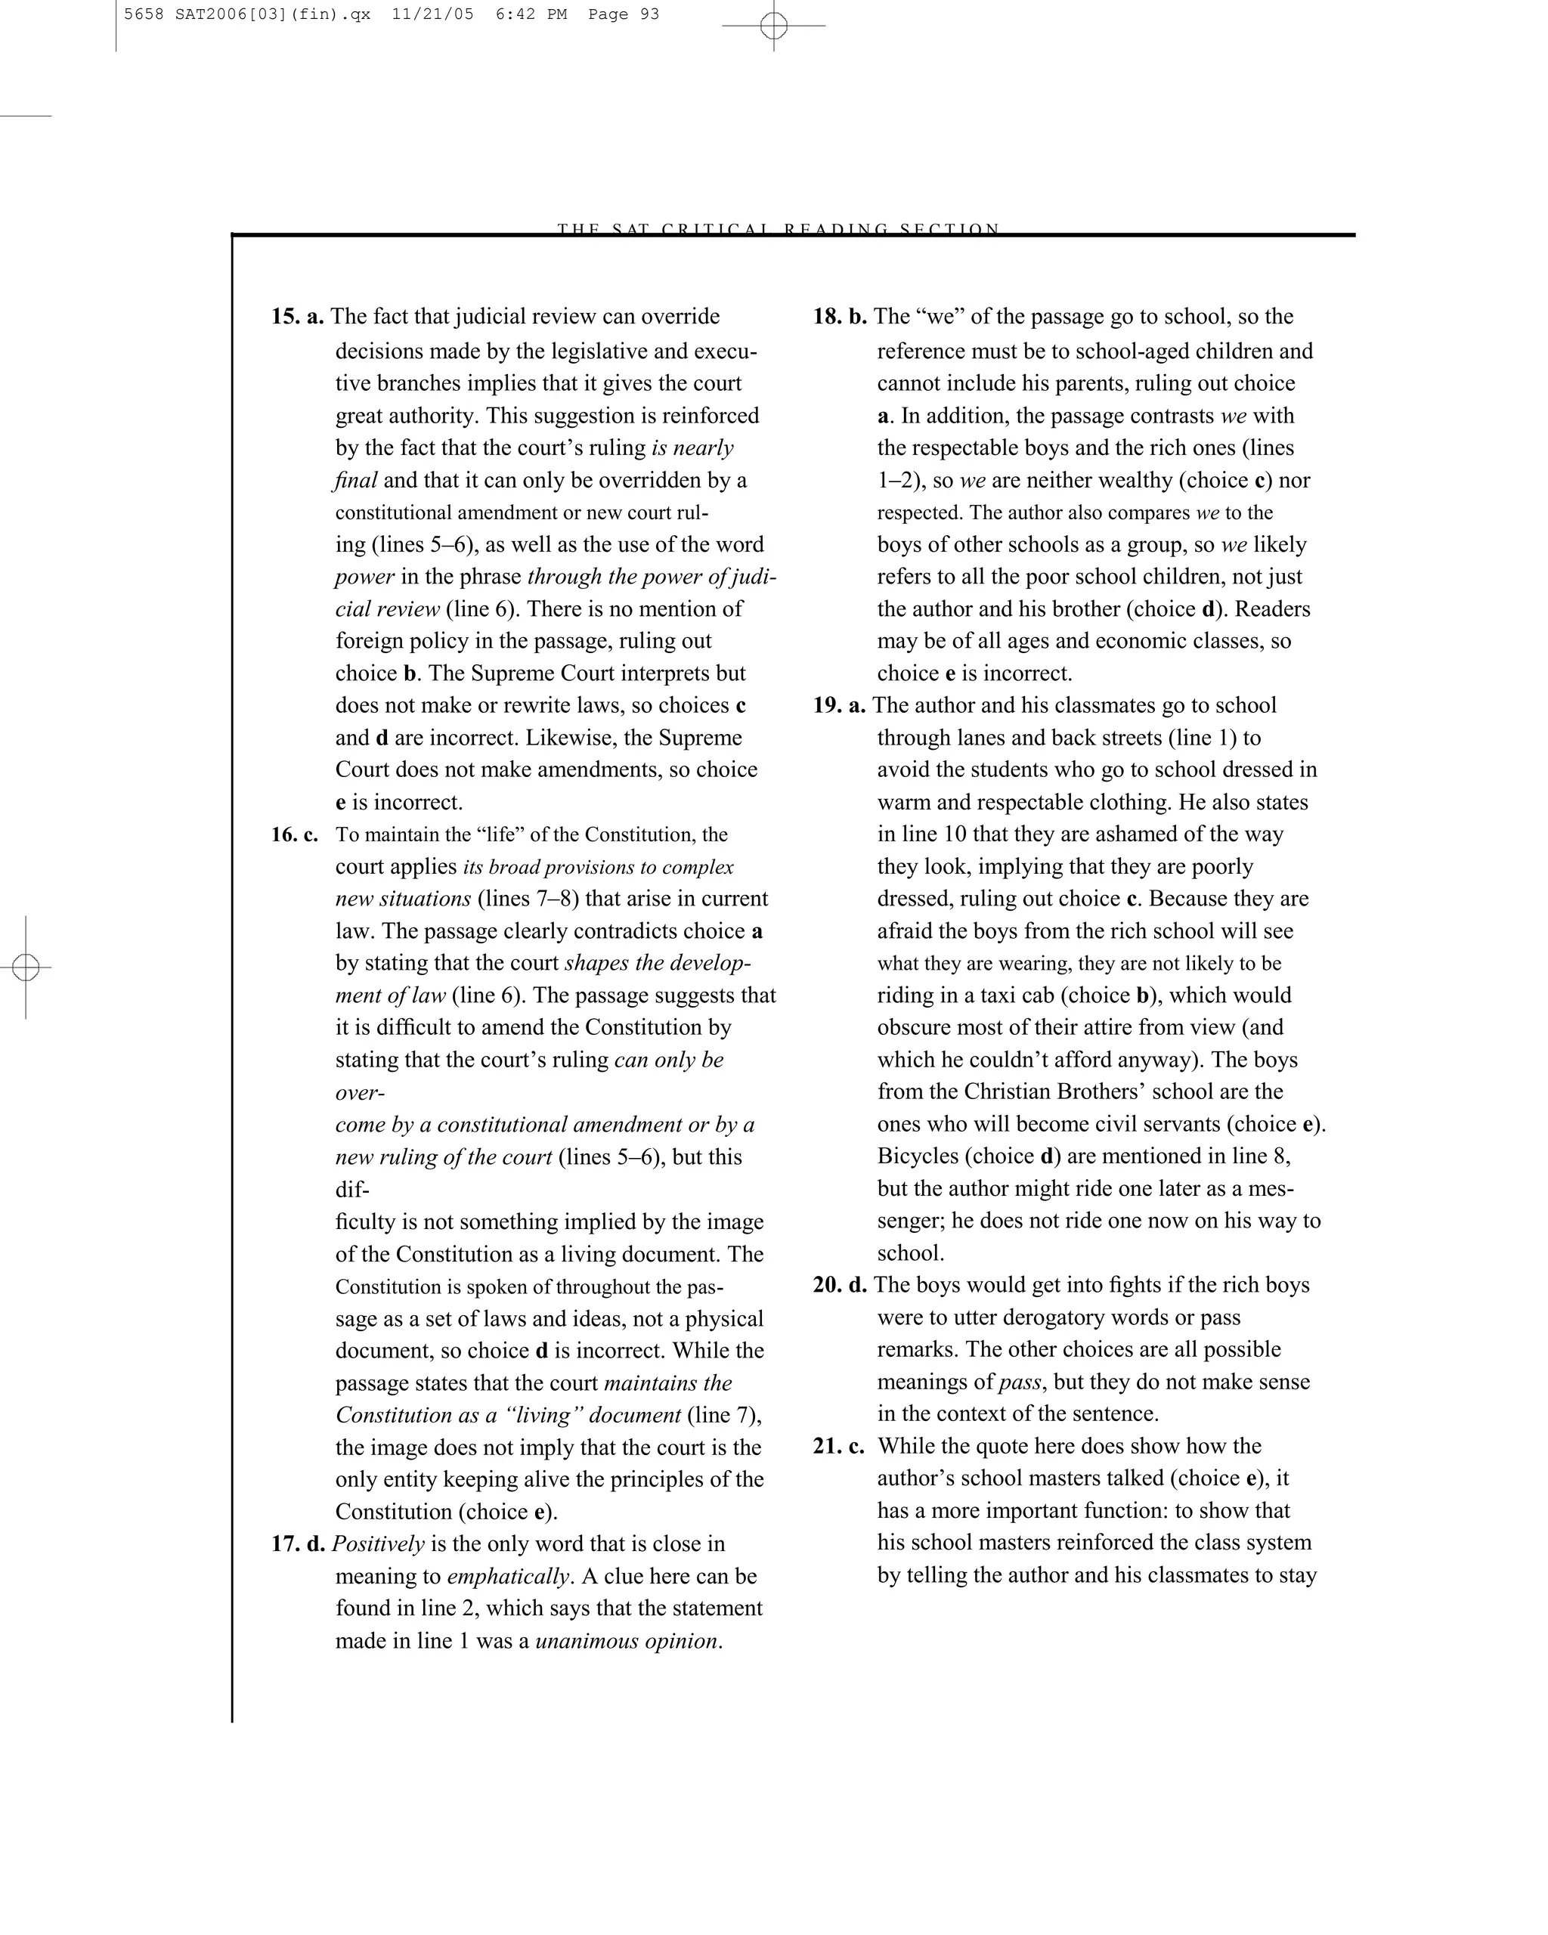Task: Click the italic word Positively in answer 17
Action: tap(378, 1543)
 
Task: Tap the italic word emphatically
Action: tap(509, 1577)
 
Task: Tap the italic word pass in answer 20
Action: tap(1020, 1382)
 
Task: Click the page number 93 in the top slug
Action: tap(649, 14)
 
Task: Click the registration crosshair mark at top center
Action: tap(773, 26)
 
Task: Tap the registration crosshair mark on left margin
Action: tap(26, 967)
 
